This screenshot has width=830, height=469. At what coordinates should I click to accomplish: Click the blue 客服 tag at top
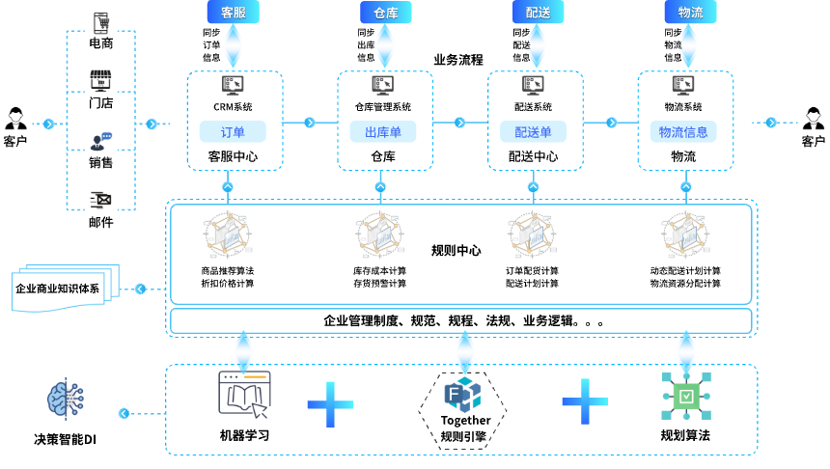click(x=233, y=13)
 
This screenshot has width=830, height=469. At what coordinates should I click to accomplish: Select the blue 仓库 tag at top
click(x=385, y=13)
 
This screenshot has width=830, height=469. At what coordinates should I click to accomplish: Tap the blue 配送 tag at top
click(x=538, y=13)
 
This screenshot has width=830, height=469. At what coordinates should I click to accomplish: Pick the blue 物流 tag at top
click(x=690, y=13)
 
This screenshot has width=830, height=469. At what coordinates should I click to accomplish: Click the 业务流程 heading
click(x=458, y=60)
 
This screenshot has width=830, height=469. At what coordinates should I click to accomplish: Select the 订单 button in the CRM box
click(x=233, y=132)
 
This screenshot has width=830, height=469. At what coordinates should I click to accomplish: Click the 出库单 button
click(x=383, y=132)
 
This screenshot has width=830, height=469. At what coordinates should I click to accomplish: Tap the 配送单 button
click(x=533, y=132)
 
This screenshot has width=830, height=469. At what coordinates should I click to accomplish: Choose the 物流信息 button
click(x=683, y=132)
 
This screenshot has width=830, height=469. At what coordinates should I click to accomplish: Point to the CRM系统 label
click(x=233, y=107)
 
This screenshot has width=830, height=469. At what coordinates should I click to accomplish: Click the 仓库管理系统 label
click(x=383, y=107)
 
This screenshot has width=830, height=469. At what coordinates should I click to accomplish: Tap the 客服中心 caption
click(x=233, y=156)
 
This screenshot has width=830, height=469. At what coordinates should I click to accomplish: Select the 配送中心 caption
click(x=533, y=156)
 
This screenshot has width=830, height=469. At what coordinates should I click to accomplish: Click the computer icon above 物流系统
click(x=683, y=85)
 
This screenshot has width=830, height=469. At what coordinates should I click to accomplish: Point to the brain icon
click(x=66, y=398)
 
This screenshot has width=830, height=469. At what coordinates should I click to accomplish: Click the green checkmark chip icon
click(x=685, y=396)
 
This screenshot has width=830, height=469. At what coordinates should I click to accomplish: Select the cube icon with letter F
click(x=462, y=395)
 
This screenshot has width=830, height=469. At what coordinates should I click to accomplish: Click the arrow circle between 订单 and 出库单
click(x=310, y=123)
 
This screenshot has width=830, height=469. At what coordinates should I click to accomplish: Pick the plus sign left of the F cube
click(x=330, y=404)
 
